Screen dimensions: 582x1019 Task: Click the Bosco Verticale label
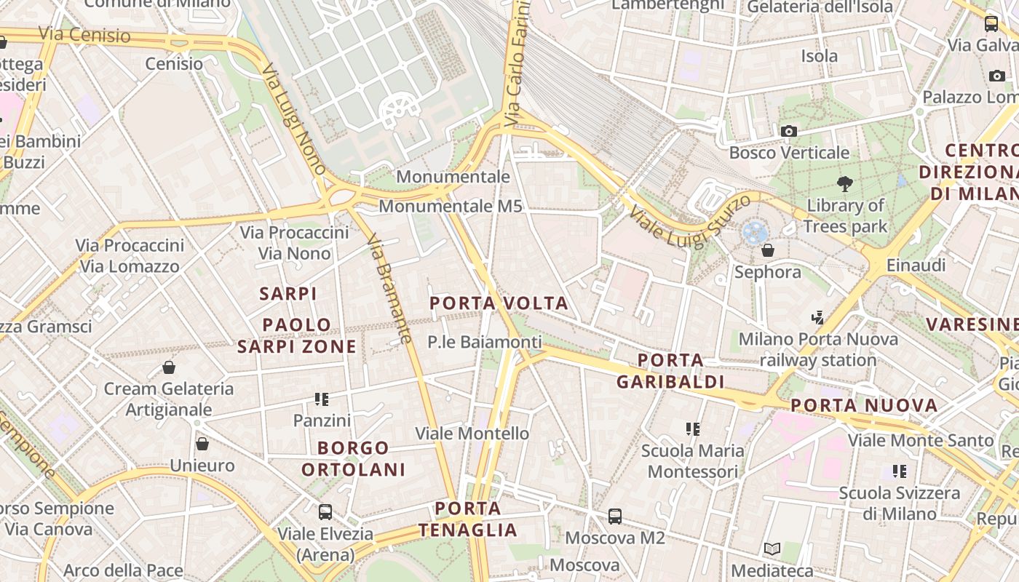pyautogui.click(x=789, y=153)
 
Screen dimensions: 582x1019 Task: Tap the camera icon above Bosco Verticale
pyautogui.click(x=788, y=131)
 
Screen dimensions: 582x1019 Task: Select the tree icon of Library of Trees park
pyautogui.click(x=845, y=183)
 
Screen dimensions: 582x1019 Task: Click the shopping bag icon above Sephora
pyautogui.click(x=767, y=250)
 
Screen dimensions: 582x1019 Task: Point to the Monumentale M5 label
pyautogui.click(x=451, y=207)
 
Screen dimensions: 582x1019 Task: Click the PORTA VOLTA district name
pyautogui.click(x=499, y=303)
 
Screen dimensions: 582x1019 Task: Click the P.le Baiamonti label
pyautogui.click(x=484, y=342)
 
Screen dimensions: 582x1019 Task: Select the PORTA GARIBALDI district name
pyautogui.click(x=670, y=371)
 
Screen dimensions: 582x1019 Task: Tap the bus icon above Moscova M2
pyautogui.click(x=615, y=517)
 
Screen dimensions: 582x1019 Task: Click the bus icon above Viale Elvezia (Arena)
pyautogui.click(x=325, y=512)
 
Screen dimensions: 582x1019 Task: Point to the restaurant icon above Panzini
pyautogui.click(x=322, y=399)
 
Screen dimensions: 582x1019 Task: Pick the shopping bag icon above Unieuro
pyautogui.click(x=202, y=443)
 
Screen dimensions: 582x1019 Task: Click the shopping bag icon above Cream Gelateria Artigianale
pyautogui.click(x=169, y=367)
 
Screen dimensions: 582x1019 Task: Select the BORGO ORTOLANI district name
pyautogui.click(x=353, y=458)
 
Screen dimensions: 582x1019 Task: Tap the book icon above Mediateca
pyautogui.click(x=772, y=549)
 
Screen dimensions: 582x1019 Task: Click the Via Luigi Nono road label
pyautogui.click(x=294, y=119)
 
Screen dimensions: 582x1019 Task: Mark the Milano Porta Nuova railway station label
pyautogui.click(x=818, y=350)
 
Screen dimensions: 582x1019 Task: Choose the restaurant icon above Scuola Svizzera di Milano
pyautogui.click(x=900, y=471)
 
